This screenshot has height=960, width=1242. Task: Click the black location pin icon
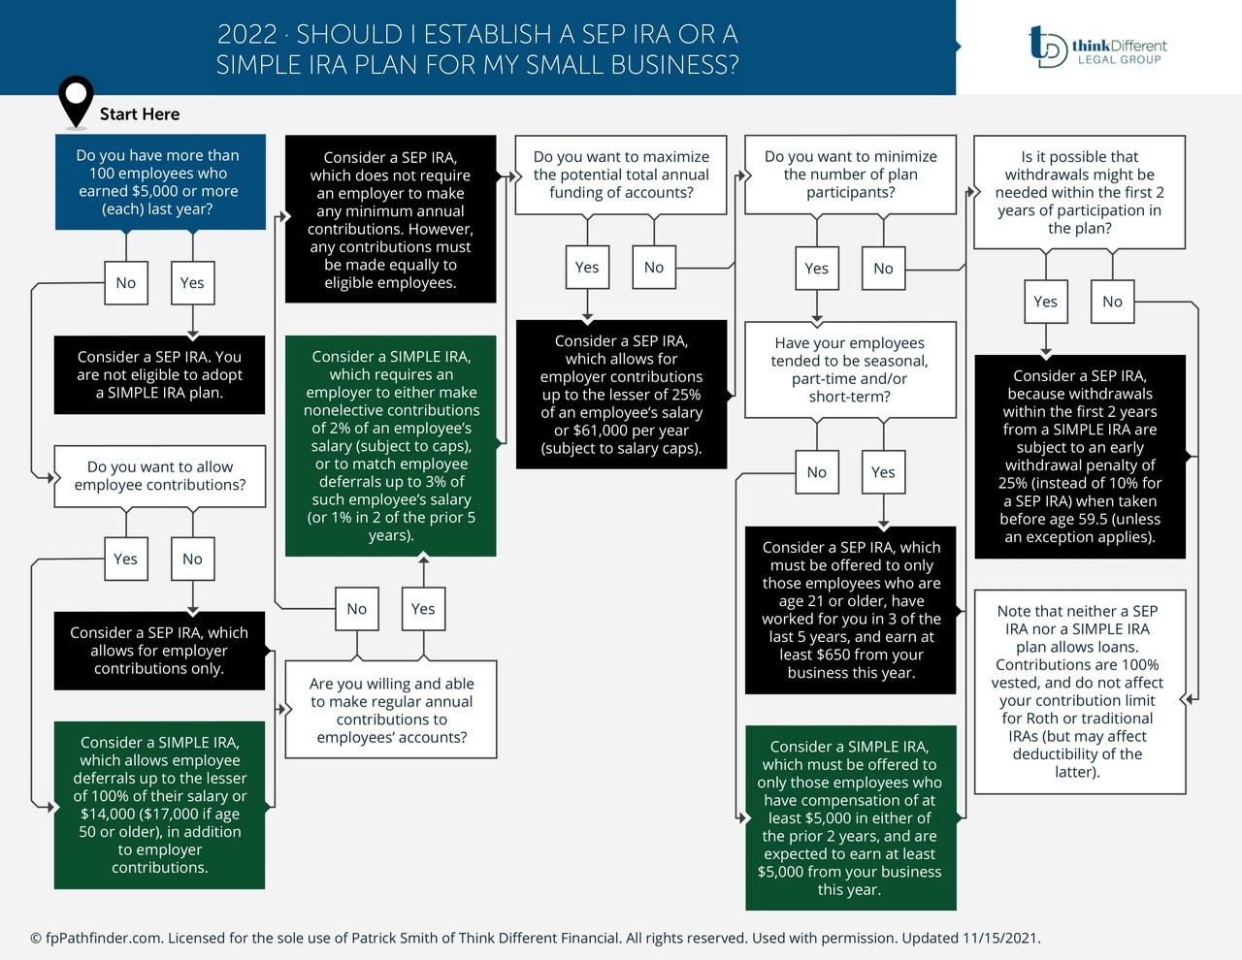76,100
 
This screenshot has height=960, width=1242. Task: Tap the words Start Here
140,114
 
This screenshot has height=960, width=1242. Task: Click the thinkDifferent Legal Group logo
1096,47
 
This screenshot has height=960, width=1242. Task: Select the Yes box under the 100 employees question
192,283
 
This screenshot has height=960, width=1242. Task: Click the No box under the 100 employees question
126,283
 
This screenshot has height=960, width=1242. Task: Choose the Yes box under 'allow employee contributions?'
126,559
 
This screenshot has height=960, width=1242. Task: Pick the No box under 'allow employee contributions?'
192,559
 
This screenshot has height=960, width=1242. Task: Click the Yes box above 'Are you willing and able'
423,609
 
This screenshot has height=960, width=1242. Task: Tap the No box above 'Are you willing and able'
357,609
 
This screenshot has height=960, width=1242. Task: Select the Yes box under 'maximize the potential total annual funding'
587,268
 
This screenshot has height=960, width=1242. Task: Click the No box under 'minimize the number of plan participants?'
883,269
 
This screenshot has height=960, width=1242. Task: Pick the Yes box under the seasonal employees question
883,472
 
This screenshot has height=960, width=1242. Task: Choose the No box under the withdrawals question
1112,302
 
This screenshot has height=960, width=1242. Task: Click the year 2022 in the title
246,35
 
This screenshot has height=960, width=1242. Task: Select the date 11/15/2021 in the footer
1000,938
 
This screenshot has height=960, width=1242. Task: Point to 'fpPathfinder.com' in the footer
103,938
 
